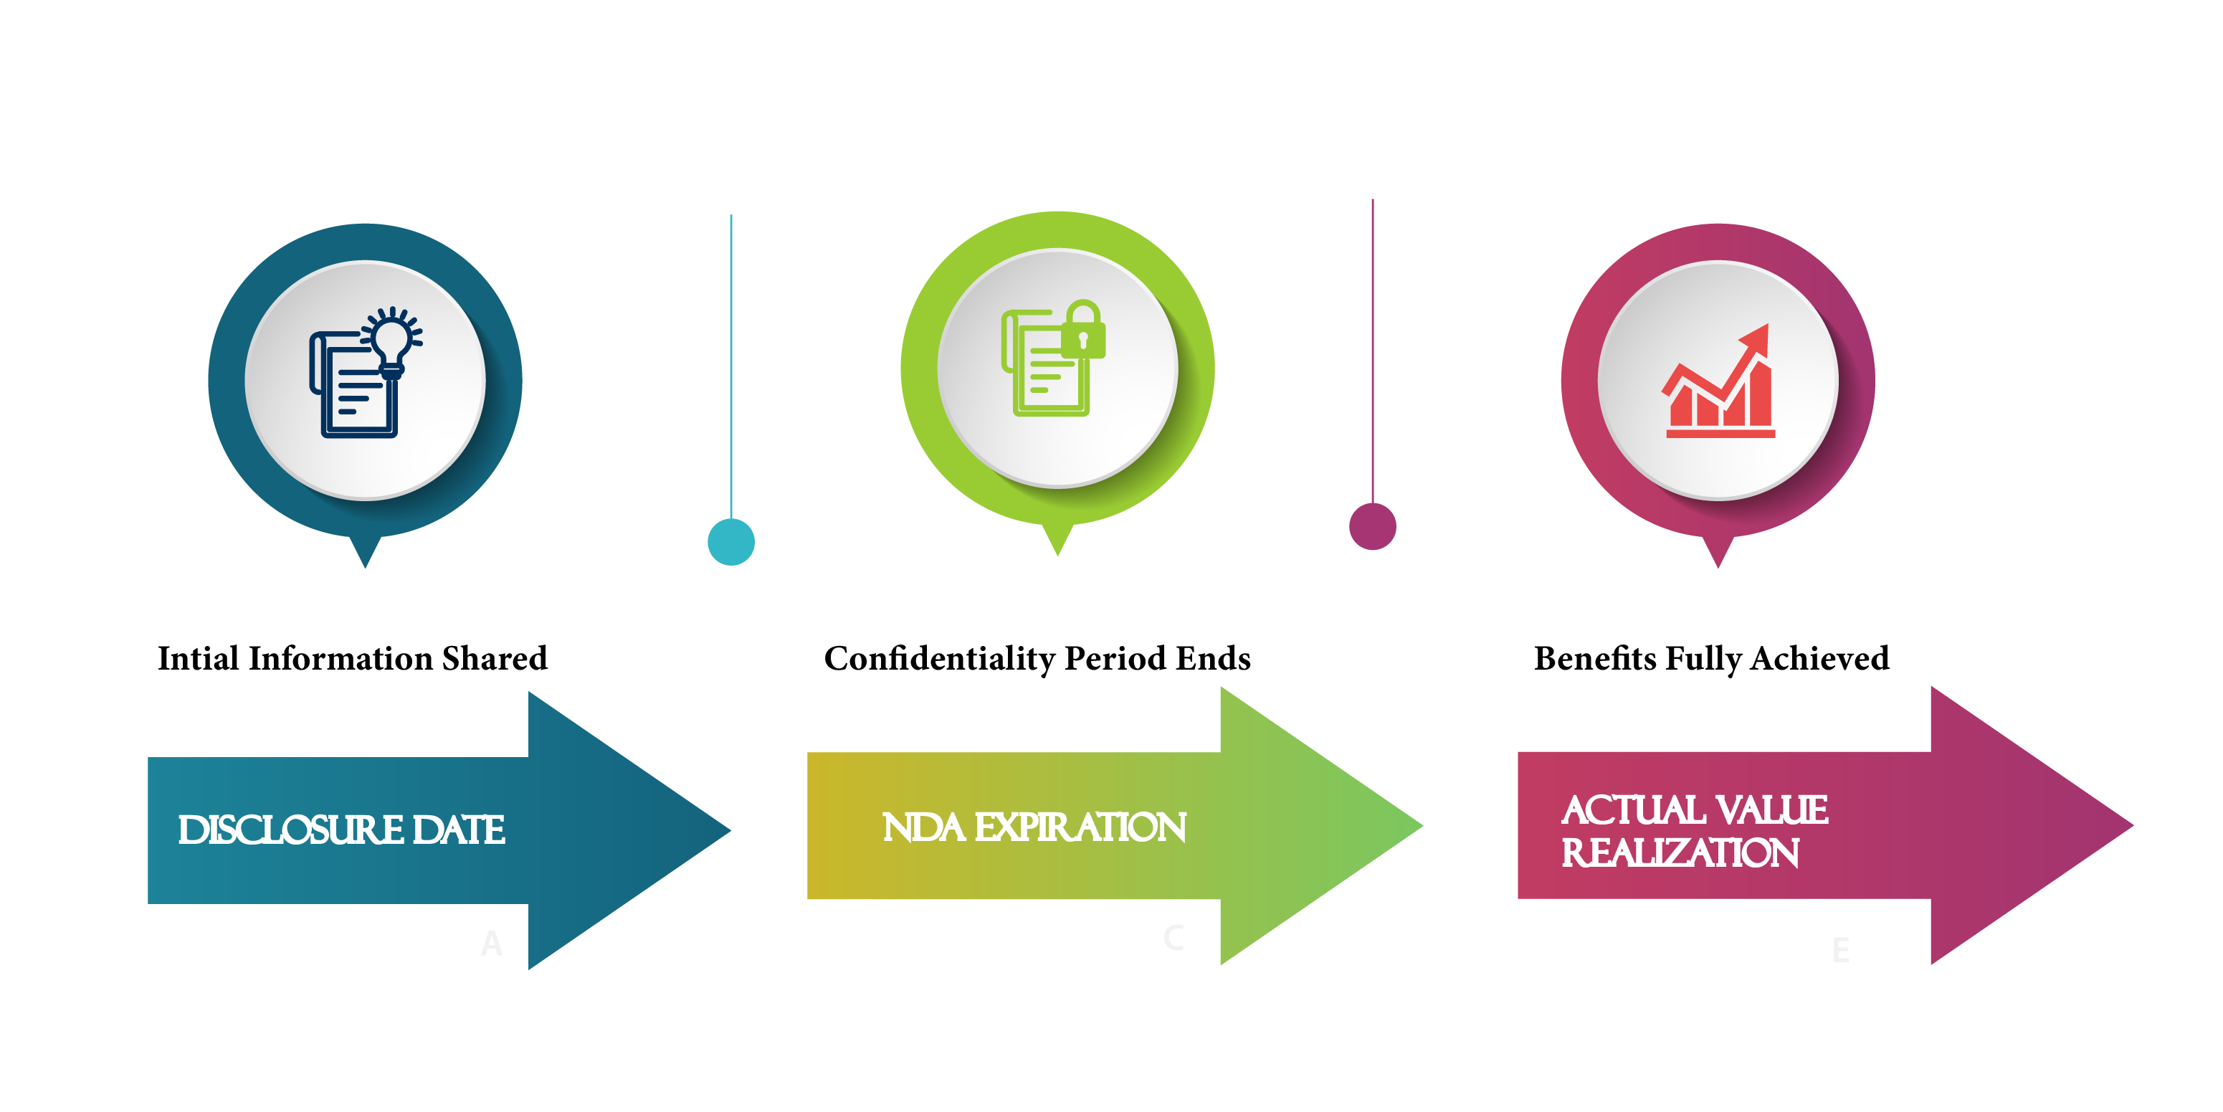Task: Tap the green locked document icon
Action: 1053,358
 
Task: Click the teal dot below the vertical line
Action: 731,542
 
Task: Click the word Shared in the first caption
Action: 495,659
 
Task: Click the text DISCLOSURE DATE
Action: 341,830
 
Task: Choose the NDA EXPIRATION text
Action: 1034,827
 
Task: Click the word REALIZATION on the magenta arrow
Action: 1680,853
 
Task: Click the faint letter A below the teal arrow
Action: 491,944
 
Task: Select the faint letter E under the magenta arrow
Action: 1840,951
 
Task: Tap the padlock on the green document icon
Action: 1083,331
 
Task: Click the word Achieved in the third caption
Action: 1820,659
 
